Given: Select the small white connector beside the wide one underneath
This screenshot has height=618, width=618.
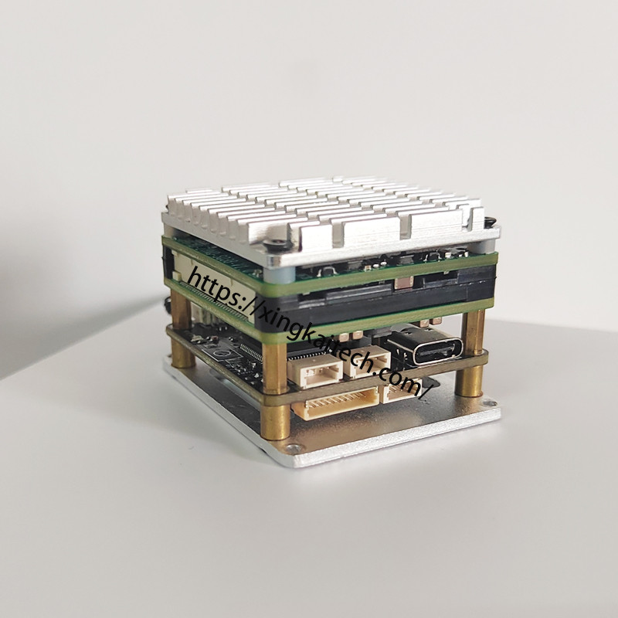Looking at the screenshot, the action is (401, 390).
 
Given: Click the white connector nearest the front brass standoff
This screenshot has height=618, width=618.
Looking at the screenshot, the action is (315, 372).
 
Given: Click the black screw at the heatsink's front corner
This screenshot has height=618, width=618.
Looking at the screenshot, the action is (275, 244).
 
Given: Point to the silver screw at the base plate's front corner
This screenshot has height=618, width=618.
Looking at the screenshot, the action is (293, 447).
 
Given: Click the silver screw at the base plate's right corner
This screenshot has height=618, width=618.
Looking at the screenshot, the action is (490, 402).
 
